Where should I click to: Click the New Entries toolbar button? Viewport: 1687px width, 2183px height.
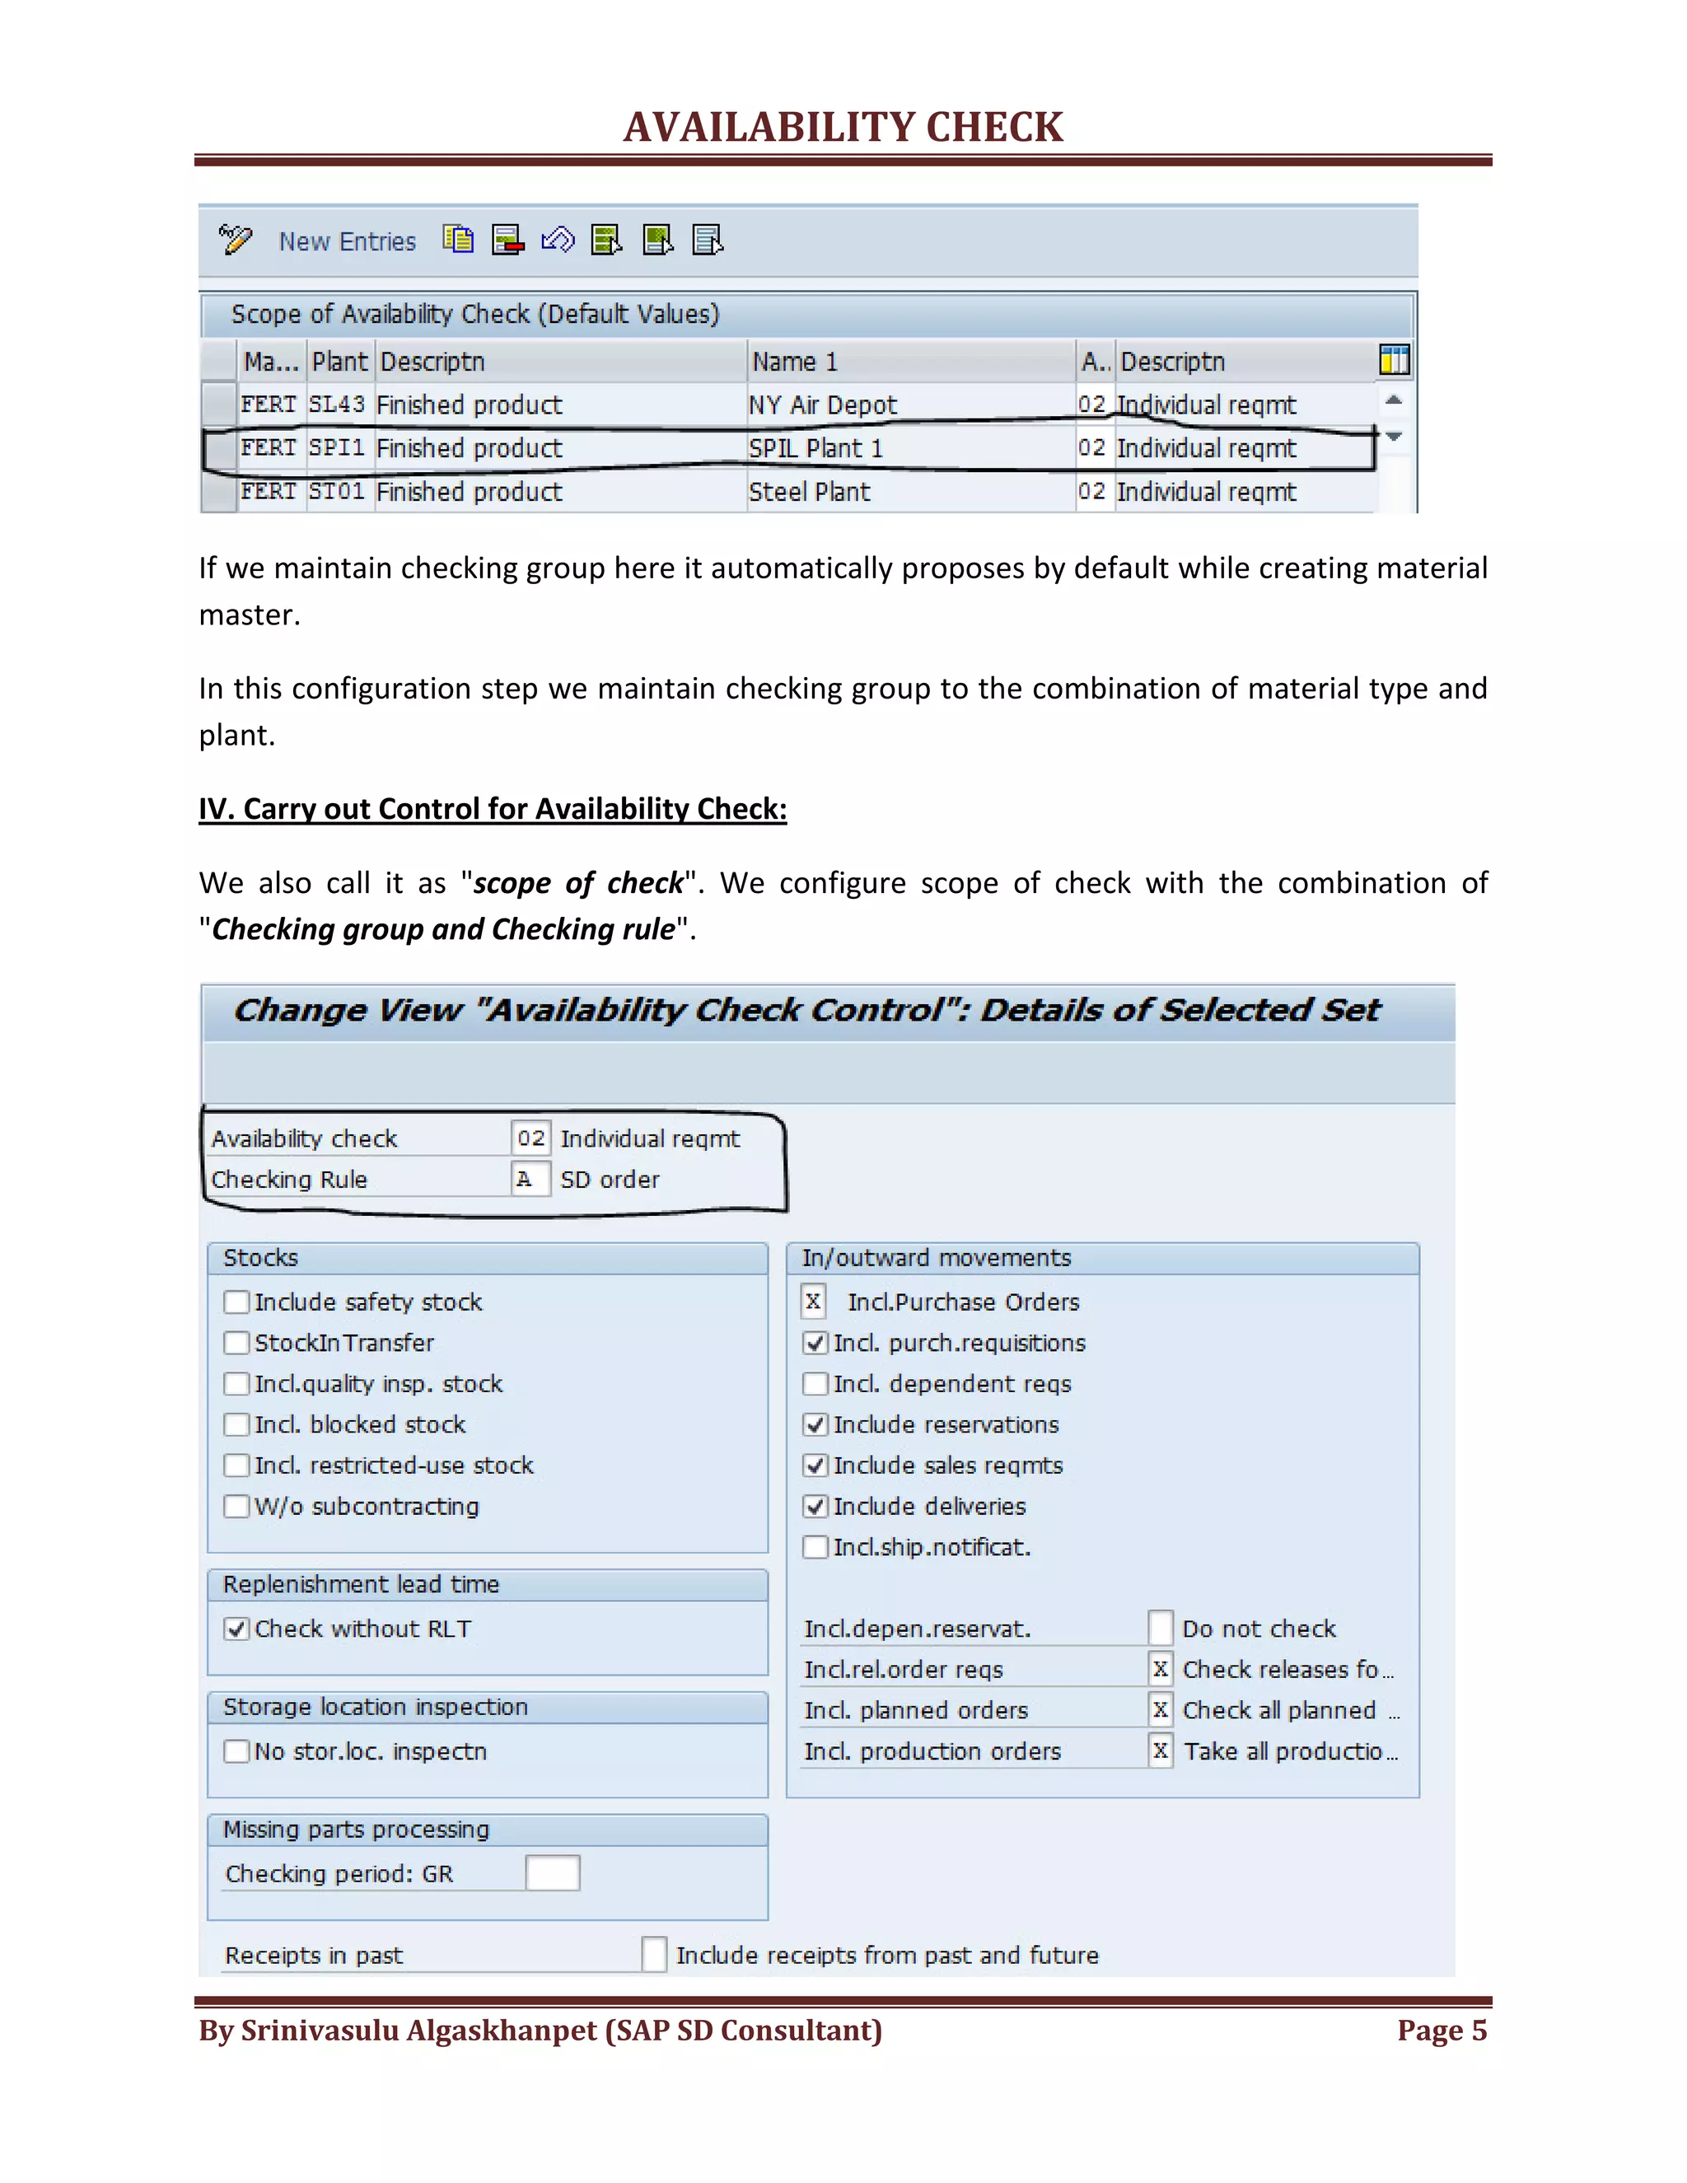[x=346, y=242]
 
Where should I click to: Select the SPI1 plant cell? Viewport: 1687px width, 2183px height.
[x=337, y=448]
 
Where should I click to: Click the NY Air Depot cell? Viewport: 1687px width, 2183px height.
[x=823, y=404]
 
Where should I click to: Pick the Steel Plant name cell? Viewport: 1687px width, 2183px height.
[x=809, y=492]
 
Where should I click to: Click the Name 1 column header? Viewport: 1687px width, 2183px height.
[x=795, y=362]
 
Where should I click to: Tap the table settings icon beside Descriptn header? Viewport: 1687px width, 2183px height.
[x=1393, y=360]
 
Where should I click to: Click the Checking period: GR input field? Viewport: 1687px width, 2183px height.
[x=552, y=1873]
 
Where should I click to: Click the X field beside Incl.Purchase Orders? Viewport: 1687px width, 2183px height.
[x=814, y=1302]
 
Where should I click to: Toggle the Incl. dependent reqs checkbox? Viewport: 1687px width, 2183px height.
[x=815, y=1383]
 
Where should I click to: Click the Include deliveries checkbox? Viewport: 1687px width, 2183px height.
[x=815, y=1507]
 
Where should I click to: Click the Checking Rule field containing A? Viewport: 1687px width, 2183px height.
[x=529, y=1180]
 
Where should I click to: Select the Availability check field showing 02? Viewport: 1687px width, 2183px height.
[x=530, y=1138]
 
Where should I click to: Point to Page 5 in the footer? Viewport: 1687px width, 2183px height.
[x=1442, y=2030]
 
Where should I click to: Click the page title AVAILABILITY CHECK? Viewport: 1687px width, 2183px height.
[x=843, y=127]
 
